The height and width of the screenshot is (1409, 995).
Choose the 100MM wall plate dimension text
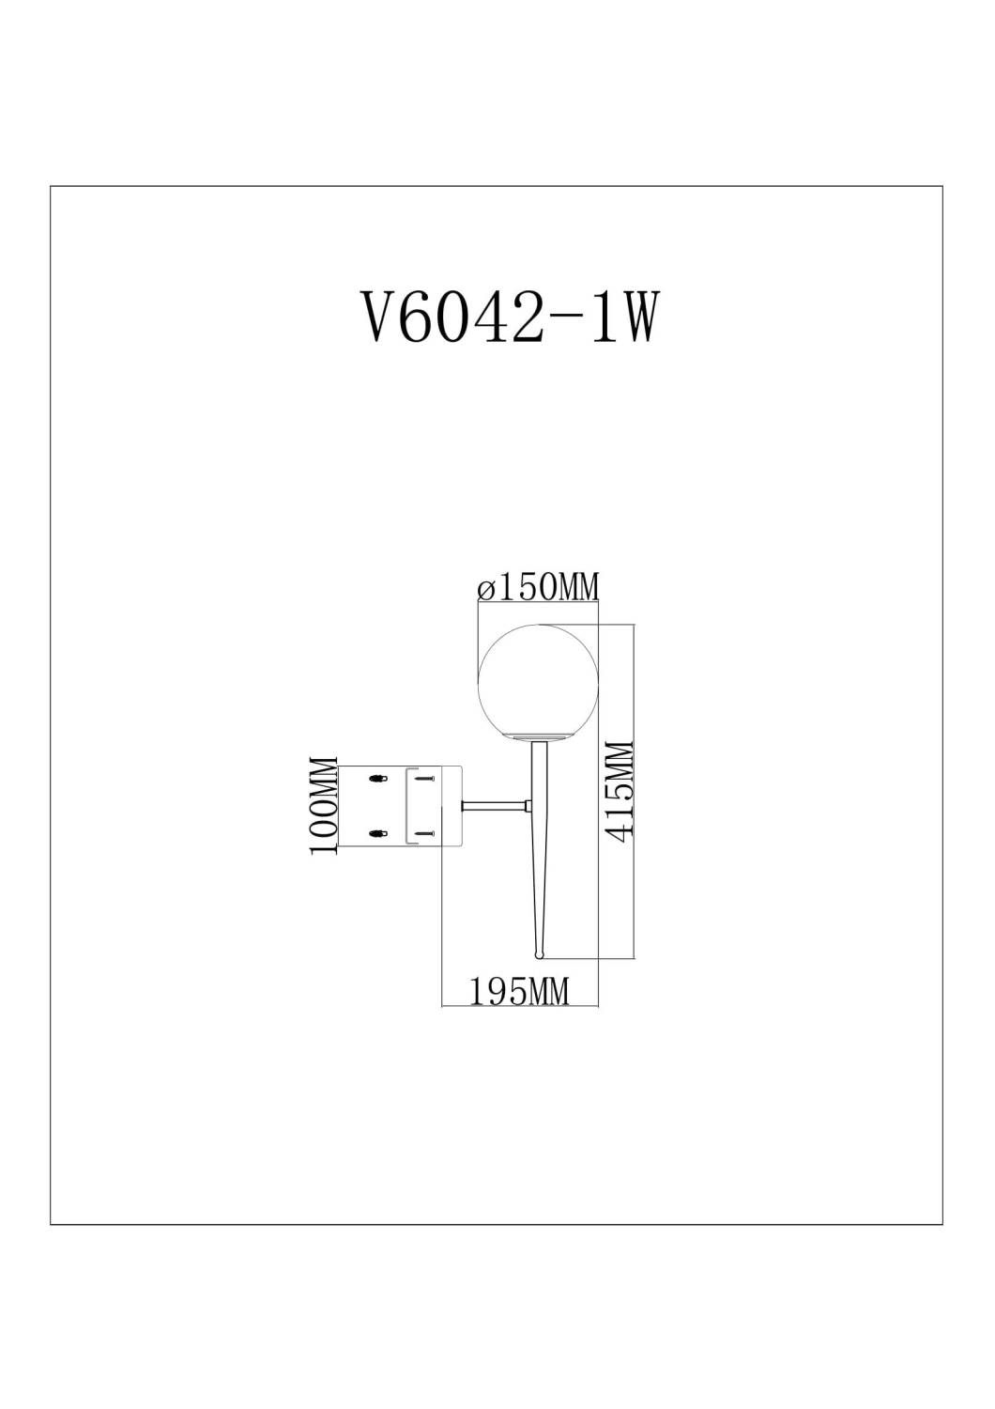[323, 806]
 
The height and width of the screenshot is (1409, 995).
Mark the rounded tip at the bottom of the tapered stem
[539, 955]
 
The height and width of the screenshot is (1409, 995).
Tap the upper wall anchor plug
[377, 778]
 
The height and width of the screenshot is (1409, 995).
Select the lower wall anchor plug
[377, 831]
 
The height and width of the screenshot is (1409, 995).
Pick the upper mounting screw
[423, 778]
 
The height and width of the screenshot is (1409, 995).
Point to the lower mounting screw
[423, 831]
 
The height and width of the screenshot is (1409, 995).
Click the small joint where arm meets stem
[529, 805]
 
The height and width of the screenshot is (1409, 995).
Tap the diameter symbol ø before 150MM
[484, 590]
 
